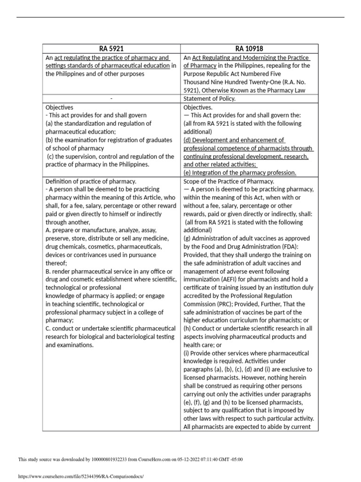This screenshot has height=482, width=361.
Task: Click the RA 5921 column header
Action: [x=111, y=48]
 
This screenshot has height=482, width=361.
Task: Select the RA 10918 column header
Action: [x=250, y=48]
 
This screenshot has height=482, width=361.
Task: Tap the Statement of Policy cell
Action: [x=209, y=98]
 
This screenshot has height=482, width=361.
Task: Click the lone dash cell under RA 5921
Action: [x=111, y=98]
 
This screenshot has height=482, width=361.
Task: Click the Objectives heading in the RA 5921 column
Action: [x=59, y=107]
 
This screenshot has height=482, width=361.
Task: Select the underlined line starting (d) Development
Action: [x=234, y=140]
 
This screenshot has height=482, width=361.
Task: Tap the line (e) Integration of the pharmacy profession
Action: [x=240, y=173]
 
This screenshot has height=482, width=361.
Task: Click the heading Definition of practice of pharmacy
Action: [x=91, y=181]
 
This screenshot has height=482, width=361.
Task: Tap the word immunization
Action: [x=203, y=280]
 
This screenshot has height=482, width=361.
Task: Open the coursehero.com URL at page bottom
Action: [x=80, y=476]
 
